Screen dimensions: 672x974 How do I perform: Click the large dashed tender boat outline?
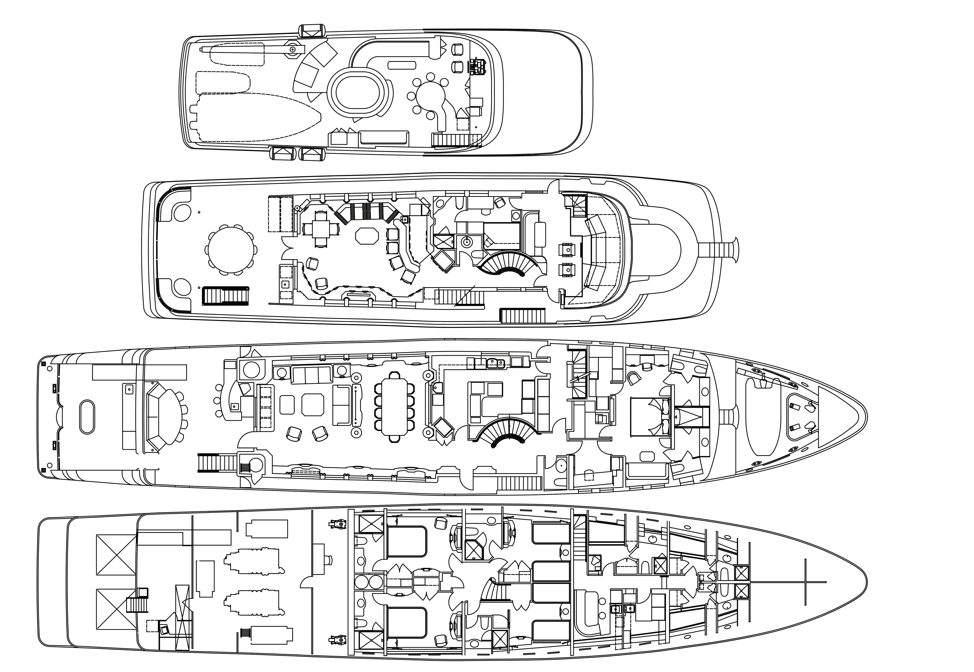(x=257, y=117)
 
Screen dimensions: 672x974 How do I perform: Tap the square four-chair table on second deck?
(x=321, y=229)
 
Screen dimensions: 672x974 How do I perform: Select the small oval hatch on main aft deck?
(x=87, y=416)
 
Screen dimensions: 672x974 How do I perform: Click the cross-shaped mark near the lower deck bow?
(x=805, y=582)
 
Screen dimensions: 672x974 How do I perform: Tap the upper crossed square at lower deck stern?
(x=116, y=554)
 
